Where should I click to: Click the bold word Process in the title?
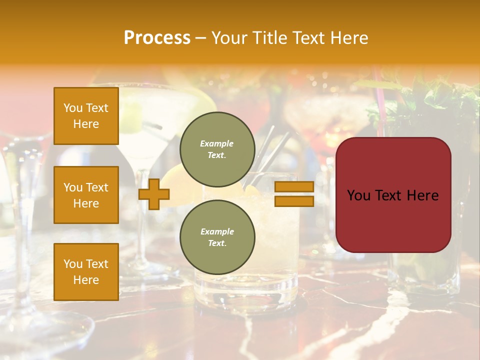pos(157,38)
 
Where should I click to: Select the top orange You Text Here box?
pos(86,116)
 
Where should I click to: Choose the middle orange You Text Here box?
pos(86,195)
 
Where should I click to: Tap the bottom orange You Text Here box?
pos(86,271)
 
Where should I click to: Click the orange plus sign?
pos(154,194)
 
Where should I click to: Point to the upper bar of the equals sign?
pos(294,186)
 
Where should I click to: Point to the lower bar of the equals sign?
pos(294,201)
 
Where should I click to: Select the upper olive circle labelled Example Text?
pos(217,149)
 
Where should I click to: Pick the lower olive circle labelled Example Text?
pos(217,237)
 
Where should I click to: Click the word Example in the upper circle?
pos(216,144)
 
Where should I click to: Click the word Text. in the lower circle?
pos(217,243)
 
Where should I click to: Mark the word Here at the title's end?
pos(350,38)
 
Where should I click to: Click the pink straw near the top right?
pos(380,105)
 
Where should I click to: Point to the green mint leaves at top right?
pos(430,100)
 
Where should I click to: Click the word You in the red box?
pos(359,195)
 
